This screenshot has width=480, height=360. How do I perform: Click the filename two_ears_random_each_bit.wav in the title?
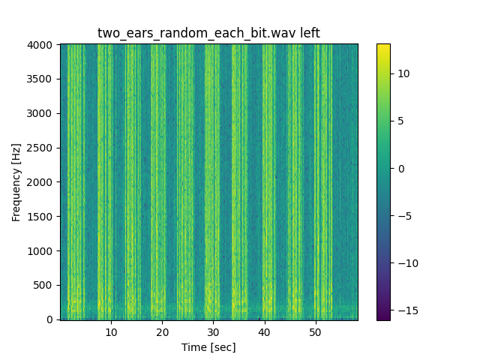196,33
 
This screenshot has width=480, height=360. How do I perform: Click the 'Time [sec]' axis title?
208,346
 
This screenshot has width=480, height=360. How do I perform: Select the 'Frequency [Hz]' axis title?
16,182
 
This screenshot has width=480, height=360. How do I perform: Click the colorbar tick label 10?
402,73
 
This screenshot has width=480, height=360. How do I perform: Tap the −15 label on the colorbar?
404,310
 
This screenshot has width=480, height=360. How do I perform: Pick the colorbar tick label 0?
400,169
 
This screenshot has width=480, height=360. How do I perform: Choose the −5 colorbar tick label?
402,216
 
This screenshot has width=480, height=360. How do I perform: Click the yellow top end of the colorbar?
383,46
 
